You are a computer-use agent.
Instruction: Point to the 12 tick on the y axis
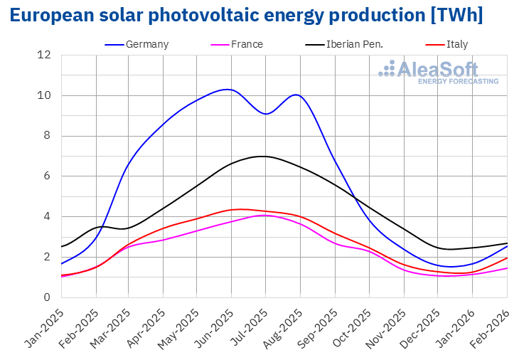(x=45, y=55)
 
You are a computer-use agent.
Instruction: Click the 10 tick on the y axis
(x=45, y=95)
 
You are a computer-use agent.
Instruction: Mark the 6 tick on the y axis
(x=47, y=176)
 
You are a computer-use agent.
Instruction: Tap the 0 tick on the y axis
(x=47, y=297)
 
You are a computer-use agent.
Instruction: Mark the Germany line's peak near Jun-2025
(x=227, y=89)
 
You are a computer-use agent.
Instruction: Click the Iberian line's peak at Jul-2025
(x=264, y=156)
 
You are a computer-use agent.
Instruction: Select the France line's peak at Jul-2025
(x=264, y=215)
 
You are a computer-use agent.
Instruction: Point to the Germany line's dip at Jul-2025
(x=265, y=114)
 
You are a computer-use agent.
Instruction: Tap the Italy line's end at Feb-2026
(x=507, y=258)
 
